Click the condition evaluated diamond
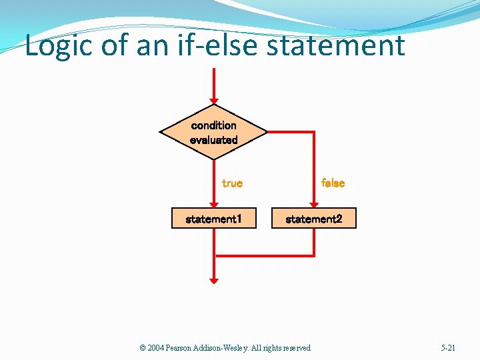point(213,132)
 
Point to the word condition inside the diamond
point(213,125)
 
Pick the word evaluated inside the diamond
point(213,140)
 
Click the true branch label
point(232,183)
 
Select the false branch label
point(333,183)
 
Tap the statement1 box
point(213,219)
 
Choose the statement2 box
point(314,219)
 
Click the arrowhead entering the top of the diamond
point(213,99)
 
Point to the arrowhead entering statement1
point(213,204)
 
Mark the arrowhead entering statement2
point(314,204)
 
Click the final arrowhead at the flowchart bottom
point(213,279)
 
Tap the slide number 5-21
point(448,348)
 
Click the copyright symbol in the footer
point(143,348)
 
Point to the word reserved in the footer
point(297,348)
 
